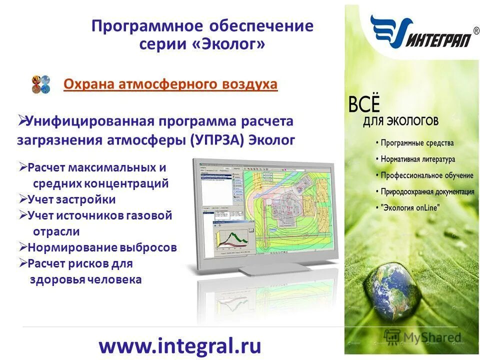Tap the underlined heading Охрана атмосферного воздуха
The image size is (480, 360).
point(170,84)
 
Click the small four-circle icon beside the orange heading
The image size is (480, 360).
point(41,84)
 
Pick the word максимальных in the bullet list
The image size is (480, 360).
point(115,167)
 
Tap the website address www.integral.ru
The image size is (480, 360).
point(180,345)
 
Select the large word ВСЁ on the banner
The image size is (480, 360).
point(363,105)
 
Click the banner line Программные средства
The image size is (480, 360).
point(417,143)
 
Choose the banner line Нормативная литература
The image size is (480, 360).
point(418,159)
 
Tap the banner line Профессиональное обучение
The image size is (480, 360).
point(427,175)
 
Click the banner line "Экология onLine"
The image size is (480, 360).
point(409,208)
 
